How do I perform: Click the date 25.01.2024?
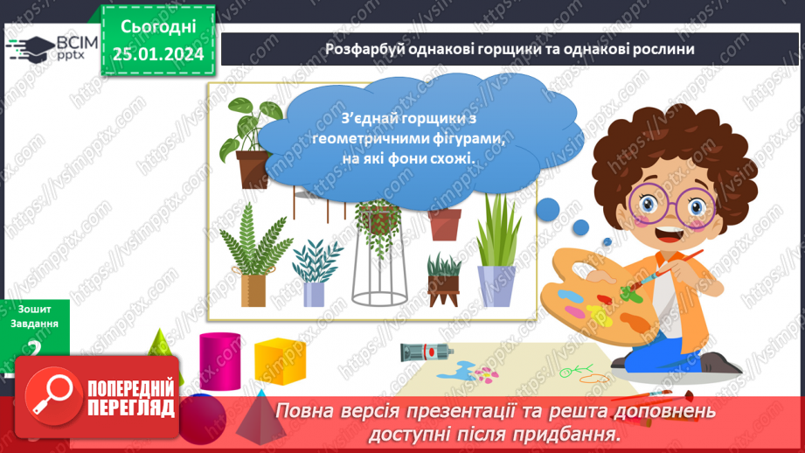pyautogui.click(x=157, y=54)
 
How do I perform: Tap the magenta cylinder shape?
pyautogui.click(x=219, y=359)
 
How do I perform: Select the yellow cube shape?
pyautogui.click(x=280, y=360)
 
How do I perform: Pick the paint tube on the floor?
pyautogui.click(x=425, y=352)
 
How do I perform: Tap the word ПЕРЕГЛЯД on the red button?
pyautogui.click(x=131, y=408)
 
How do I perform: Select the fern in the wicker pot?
pyautogui.click(x=251, y=254)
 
